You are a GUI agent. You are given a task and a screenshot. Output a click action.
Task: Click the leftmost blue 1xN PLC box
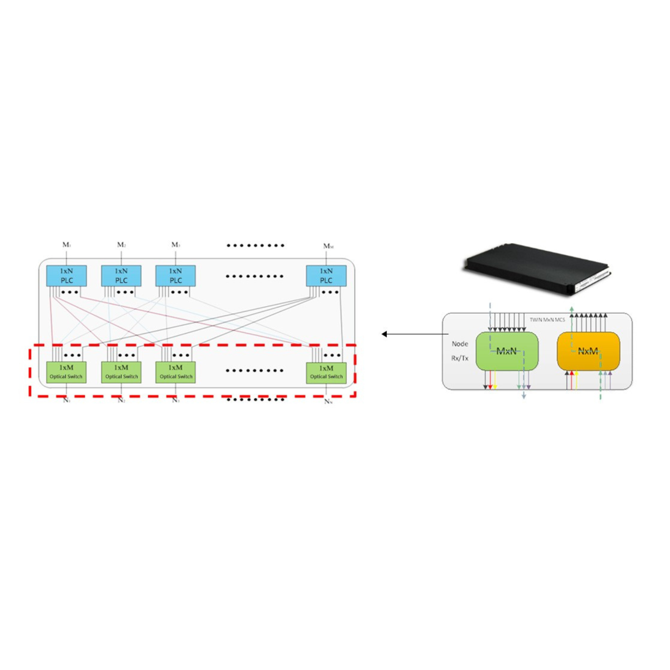tap(66, 276)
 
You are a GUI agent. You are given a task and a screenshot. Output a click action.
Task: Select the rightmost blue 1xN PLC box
tap(326, 276)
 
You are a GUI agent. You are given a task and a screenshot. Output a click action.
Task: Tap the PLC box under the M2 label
tap(121, 276)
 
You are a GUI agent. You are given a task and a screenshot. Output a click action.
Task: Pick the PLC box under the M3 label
tap(175, 276)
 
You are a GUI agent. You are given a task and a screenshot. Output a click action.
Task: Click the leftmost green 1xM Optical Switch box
tap(66, 372)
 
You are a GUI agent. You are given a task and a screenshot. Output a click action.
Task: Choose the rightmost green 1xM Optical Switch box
tap(326, 372)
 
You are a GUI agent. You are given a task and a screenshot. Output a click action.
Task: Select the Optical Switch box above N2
tap(121, 372)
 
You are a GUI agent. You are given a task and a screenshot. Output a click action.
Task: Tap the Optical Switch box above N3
tap(175, 372)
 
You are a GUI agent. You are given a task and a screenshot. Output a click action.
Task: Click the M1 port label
tap(67, 245)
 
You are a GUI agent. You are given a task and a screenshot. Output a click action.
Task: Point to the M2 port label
tap(121, 245)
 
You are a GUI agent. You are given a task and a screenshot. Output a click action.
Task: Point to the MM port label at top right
tap(328, 246)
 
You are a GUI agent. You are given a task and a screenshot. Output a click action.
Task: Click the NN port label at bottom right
tap(328, 402)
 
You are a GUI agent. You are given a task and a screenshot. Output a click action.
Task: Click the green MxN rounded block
tap(507, 351)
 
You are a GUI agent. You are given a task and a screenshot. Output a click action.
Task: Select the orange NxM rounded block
tap(588, 351)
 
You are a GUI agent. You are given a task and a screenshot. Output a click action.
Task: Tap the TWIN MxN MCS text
tap(547, 320)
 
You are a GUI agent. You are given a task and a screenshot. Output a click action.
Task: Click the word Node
tap(460, 344)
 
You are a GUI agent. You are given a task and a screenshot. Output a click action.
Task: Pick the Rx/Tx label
tap(460, 358)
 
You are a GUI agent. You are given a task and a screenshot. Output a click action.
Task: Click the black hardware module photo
tap(536, 268)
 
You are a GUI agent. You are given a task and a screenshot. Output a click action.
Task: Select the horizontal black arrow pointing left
tap(415, 334)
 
